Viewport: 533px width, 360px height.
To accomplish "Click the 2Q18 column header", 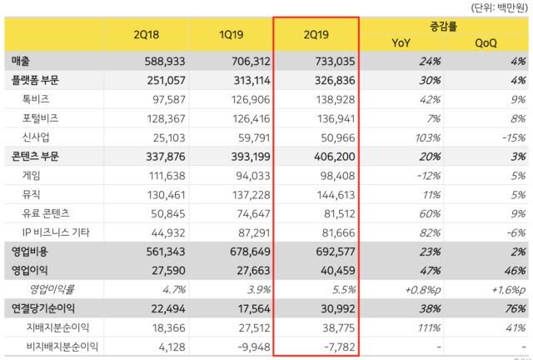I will click(x=146, y=34).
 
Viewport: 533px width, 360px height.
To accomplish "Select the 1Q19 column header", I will click(x=231, y=34).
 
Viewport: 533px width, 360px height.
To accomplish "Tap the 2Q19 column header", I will click(x=316, y=34).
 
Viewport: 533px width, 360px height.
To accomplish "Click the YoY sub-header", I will click(x=401, y=42).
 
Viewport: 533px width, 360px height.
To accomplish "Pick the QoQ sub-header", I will click(x=486, y=42).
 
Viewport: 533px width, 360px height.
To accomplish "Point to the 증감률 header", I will click(x=443, y=26).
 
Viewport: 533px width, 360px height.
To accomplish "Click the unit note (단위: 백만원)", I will click(x=498, y=7).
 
